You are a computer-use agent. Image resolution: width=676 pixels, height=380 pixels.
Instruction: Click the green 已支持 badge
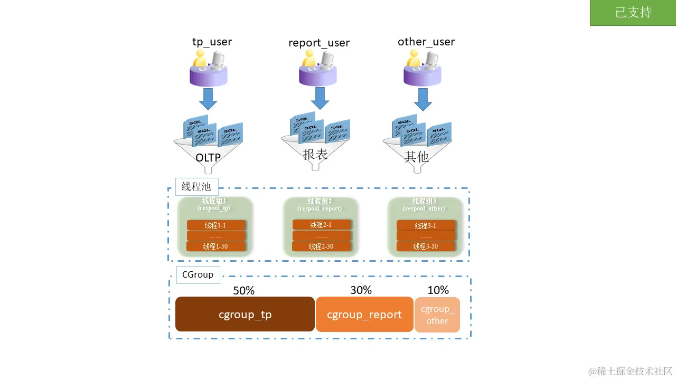[x=633, y=13]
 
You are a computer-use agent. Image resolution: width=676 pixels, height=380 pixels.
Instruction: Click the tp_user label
[x=212, y=42]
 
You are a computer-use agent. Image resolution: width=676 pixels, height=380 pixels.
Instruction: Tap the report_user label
[x=319, y=43]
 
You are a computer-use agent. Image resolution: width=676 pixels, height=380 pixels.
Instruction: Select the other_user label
[x=426, y=42]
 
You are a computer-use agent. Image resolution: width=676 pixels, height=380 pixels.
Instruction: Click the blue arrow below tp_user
[x=209, y=99]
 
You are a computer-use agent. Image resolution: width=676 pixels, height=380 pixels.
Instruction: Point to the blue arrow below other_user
[x=423, y=99]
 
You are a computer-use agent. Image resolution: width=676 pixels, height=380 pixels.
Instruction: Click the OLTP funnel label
[x=208, y=157]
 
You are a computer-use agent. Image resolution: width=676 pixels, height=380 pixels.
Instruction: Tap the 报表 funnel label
[x=315, y=154]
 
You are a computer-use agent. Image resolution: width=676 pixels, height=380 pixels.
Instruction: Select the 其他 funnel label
[x=417, y=156]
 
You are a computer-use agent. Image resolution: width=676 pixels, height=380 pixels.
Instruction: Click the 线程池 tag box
[x=196, y=187]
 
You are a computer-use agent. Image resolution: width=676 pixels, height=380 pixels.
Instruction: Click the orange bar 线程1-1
[x=216, y=225]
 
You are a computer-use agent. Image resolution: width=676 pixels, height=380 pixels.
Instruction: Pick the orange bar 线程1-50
[x=216, y=246]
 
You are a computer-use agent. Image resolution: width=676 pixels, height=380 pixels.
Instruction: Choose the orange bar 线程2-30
[x=321, y=246]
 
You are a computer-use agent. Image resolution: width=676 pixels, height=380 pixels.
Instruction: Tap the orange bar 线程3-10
[x=426, y=246]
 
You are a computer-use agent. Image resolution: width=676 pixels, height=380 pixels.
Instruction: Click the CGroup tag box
[x=198, y=274]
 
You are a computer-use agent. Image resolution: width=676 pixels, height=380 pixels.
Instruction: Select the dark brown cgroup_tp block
[x=245, y=315]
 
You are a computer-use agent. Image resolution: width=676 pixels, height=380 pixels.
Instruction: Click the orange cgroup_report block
[x=364, y=315]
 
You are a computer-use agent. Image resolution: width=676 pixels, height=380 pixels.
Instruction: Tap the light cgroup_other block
[x=437, y=315]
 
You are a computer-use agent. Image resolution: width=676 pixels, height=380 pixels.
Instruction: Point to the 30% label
[x=361, y=290]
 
